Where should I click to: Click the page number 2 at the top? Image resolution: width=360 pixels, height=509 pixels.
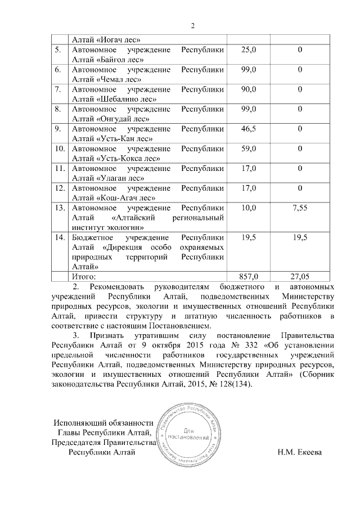(192, 25)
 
